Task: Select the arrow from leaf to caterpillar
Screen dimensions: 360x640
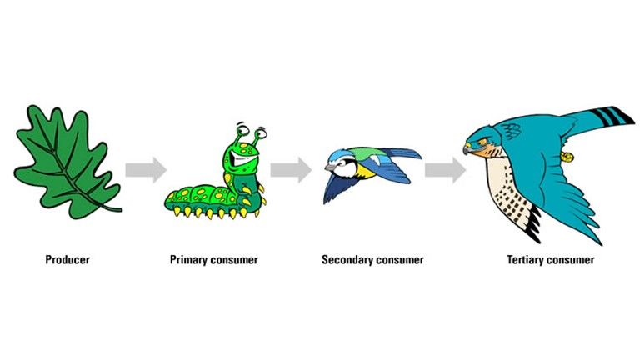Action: [x=146, y=170]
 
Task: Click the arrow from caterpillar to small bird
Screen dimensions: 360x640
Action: [x=290, y=170]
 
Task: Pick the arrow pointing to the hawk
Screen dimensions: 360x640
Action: [x=444, y=170]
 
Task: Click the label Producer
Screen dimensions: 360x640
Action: [x=67, y=260]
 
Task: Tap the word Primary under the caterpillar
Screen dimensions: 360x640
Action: [x=188, y=260]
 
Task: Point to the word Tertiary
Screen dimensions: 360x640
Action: [x=527, y=260]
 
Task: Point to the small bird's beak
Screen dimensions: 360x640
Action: [x=326, y=167]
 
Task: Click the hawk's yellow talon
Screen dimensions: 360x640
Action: [x=568, y=156]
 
